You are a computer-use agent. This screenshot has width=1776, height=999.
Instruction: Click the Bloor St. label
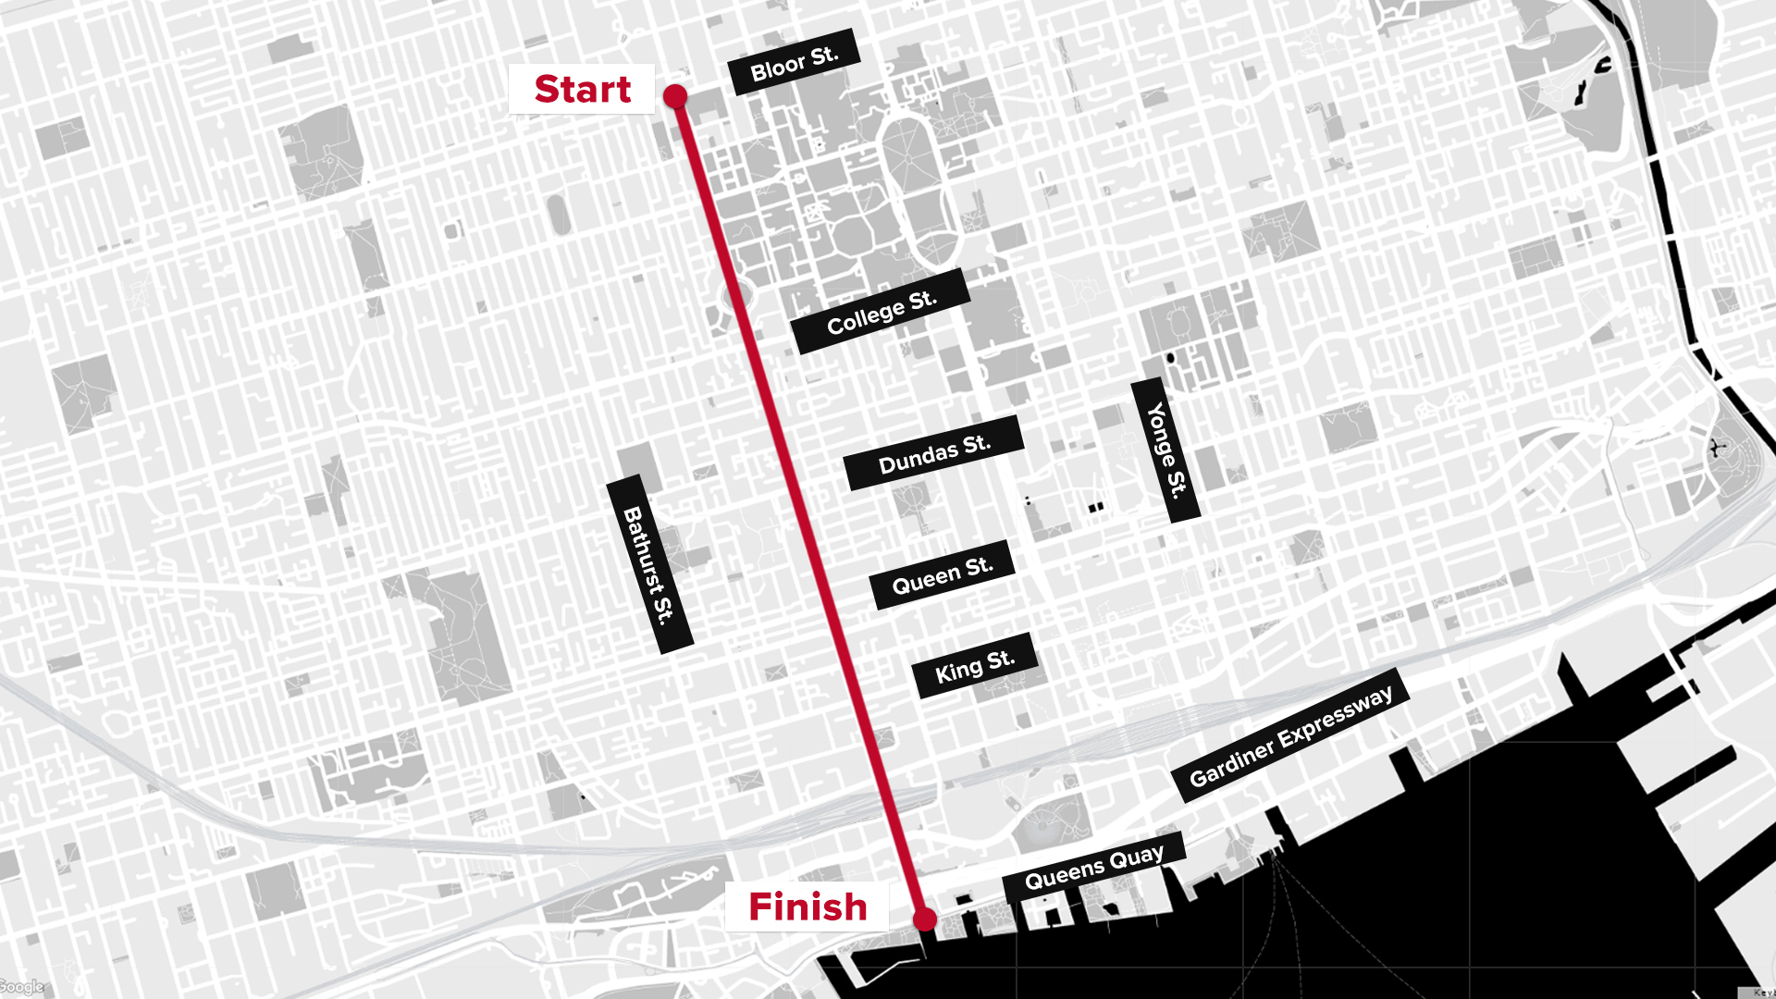[x=794, y=62]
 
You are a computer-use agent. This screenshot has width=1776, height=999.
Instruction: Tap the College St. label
[x=881, y=312]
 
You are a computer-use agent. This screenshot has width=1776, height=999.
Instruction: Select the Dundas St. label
[x=934, y=453]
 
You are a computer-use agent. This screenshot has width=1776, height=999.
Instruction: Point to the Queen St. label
[x=943, y=574]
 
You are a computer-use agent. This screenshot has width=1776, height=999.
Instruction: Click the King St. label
[x=975, y=666]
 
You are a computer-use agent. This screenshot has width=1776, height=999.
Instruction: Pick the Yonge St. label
[x=1165, y=450]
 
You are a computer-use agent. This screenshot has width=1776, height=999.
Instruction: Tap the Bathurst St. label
[x=649, y=564]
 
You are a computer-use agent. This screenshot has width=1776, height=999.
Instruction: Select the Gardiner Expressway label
[x=1290, y=735]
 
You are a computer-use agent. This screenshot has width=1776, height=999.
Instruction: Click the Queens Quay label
[x=1094, y=867]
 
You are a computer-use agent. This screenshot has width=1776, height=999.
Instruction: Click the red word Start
[x=583, y=89]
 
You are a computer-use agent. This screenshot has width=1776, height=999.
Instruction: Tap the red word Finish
[x=808, y=906]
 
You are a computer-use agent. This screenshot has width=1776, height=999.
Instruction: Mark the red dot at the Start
[x=675, y=95]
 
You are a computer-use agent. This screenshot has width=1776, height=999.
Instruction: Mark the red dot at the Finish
[x=925, y=919]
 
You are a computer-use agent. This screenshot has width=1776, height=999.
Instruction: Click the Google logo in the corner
[x=21, y=987]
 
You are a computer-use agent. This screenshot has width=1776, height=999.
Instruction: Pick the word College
[x=865, y=316]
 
